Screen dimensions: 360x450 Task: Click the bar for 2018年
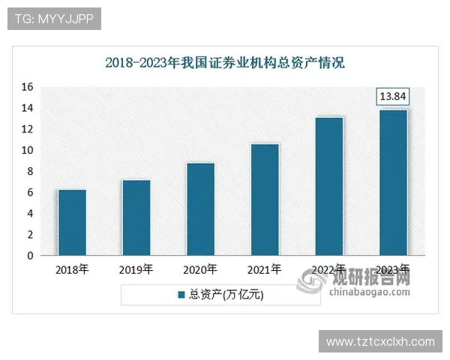click(72, 223)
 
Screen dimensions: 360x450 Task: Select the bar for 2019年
click(136, 217)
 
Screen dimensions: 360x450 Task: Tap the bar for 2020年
click(200, 209)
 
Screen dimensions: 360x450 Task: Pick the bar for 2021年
click(265, 199)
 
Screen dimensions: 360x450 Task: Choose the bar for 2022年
click(329, 186)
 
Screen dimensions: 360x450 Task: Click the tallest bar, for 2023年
click(393, 182)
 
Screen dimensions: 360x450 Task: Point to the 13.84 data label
click(393, 97)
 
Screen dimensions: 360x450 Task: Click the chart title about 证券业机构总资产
click(224, 62)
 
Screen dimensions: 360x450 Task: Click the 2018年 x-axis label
click(72, 269)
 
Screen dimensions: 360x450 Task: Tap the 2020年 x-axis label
click(200, 269)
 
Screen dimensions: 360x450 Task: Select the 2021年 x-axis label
click(265, 269)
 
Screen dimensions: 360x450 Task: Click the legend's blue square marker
click(181, 295)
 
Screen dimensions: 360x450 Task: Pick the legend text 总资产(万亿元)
click(226, 295)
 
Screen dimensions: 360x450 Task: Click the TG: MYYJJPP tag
click(54, 19)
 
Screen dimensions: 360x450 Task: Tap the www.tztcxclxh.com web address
click(380, 342)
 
